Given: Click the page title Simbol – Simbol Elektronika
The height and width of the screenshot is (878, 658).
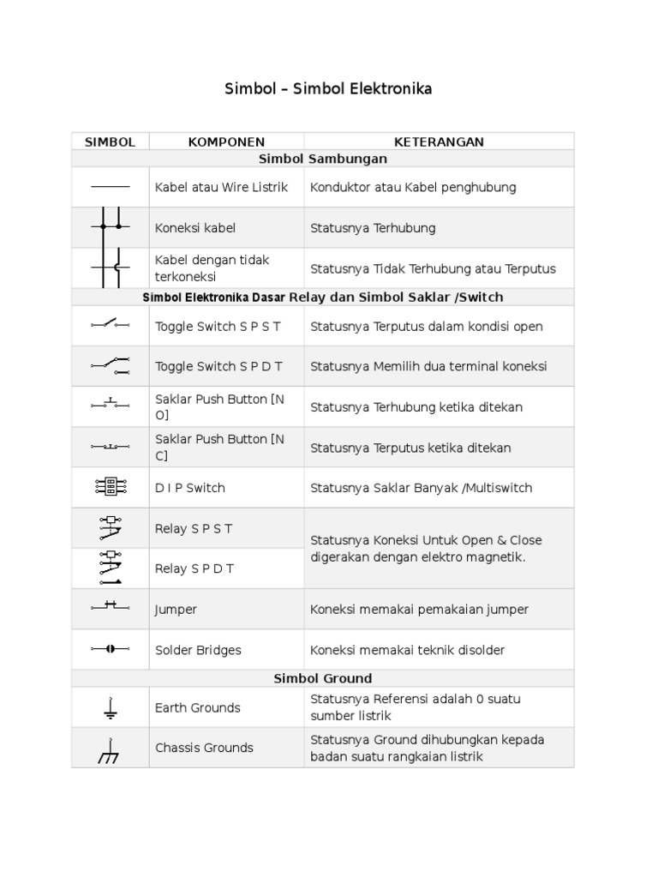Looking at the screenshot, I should (x=328, y=89).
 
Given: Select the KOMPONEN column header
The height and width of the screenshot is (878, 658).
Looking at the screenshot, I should (x=226, y=141).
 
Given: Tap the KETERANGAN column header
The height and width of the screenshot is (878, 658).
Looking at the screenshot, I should (x=439, y=141).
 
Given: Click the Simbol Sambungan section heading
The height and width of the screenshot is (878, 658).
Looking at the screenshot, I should (x=323, y=159).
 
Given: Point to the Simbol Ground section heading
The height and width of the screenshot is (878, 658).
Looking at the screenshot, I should (x=323, y=678).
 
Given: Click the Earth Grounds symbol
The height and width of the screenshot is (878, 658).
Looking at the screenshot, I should (x=110, y=707).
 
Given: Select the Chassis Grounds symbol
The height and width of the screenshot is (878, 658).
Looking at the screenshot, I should (x=110, y=749).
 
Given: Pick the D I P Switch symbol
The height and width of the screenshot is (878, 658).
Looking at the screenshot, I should (x=110, y=487).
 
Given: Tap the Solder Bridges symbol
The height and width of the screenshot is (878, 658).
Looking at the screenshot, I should (x=110, y=650).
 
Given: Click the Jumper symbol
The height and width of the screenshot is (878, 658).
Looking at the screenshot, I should (x=110, y=609).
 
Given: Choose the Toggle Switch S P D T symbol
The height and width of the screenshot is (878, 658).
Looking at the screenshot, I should (x=110, y=366).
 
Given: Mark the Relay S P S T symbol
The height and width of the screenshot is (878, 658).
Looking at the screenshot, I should (x=110, y=528).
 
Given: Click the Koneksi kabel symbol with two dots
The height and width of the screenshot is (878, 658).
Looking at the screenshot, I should (x=110, y=227).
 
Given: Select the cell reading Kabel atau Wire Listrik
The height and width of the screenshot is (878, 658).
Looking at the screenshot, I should (x=221, y=187).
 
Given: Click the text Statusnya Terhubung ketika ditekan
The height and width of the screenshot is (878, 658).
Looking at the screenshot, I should (x=416, y=407).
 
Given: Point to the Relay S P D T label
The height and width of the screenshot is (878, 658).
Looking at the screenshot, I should (x=194, y=568).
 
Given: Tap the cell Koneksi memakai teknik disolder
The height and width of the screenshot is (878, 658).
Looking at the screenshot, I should (x=407, y=650).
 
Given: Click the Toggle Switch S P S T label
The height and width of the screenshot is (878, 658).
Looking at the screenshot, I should (x=218, y=327).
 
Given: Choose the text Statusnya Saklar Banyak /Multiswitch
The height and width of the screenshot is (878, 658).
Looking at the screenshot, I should (x=421, y=488).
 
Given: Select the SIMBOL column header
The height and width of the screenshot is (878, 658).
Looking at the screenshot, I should (x=110, y=141).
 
